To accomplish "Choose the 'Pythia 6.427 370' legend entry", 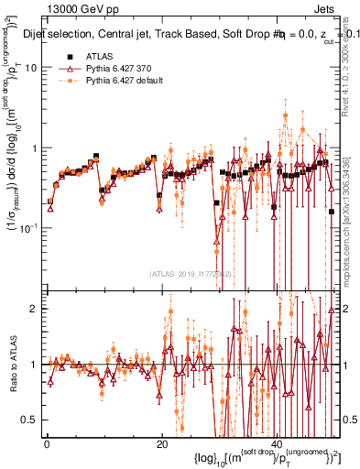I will (118, 69).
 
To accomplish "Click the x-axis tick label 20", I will (161, 444).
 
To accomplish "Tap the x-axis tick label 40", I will (276, 444).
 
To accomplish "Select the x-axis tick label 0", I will (47, 444).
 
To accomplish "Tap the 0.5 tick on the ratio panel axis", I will (30, 420).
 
